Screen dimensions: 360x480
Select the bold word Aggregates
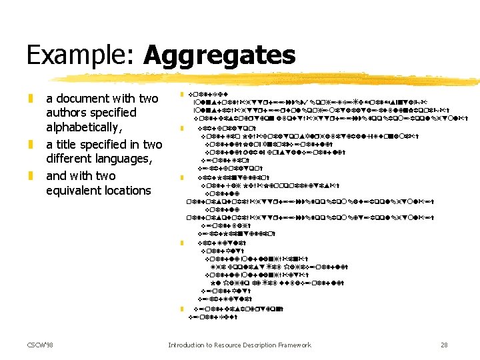point(219,55)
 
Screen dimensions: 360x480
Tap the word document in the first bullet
point(89,99)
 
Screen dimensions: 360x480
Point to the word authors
point(67,113)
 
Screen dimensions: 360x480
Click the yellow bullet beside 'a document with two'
point(30,99)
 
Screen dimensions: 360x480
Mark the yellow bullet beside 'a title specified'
point(30,145)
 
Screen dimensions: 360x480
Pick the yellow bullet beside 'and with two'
point(30,176)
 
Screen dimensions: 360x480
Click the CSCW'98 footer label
point(41,345)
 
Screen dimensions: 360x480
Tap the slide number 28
point(445,345)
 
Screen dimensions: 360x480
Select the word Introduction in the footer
point(189,345)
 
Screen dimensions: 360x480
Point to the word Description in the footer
point(268,345)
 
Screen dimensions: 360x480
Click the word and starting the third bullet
point(57,176)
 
